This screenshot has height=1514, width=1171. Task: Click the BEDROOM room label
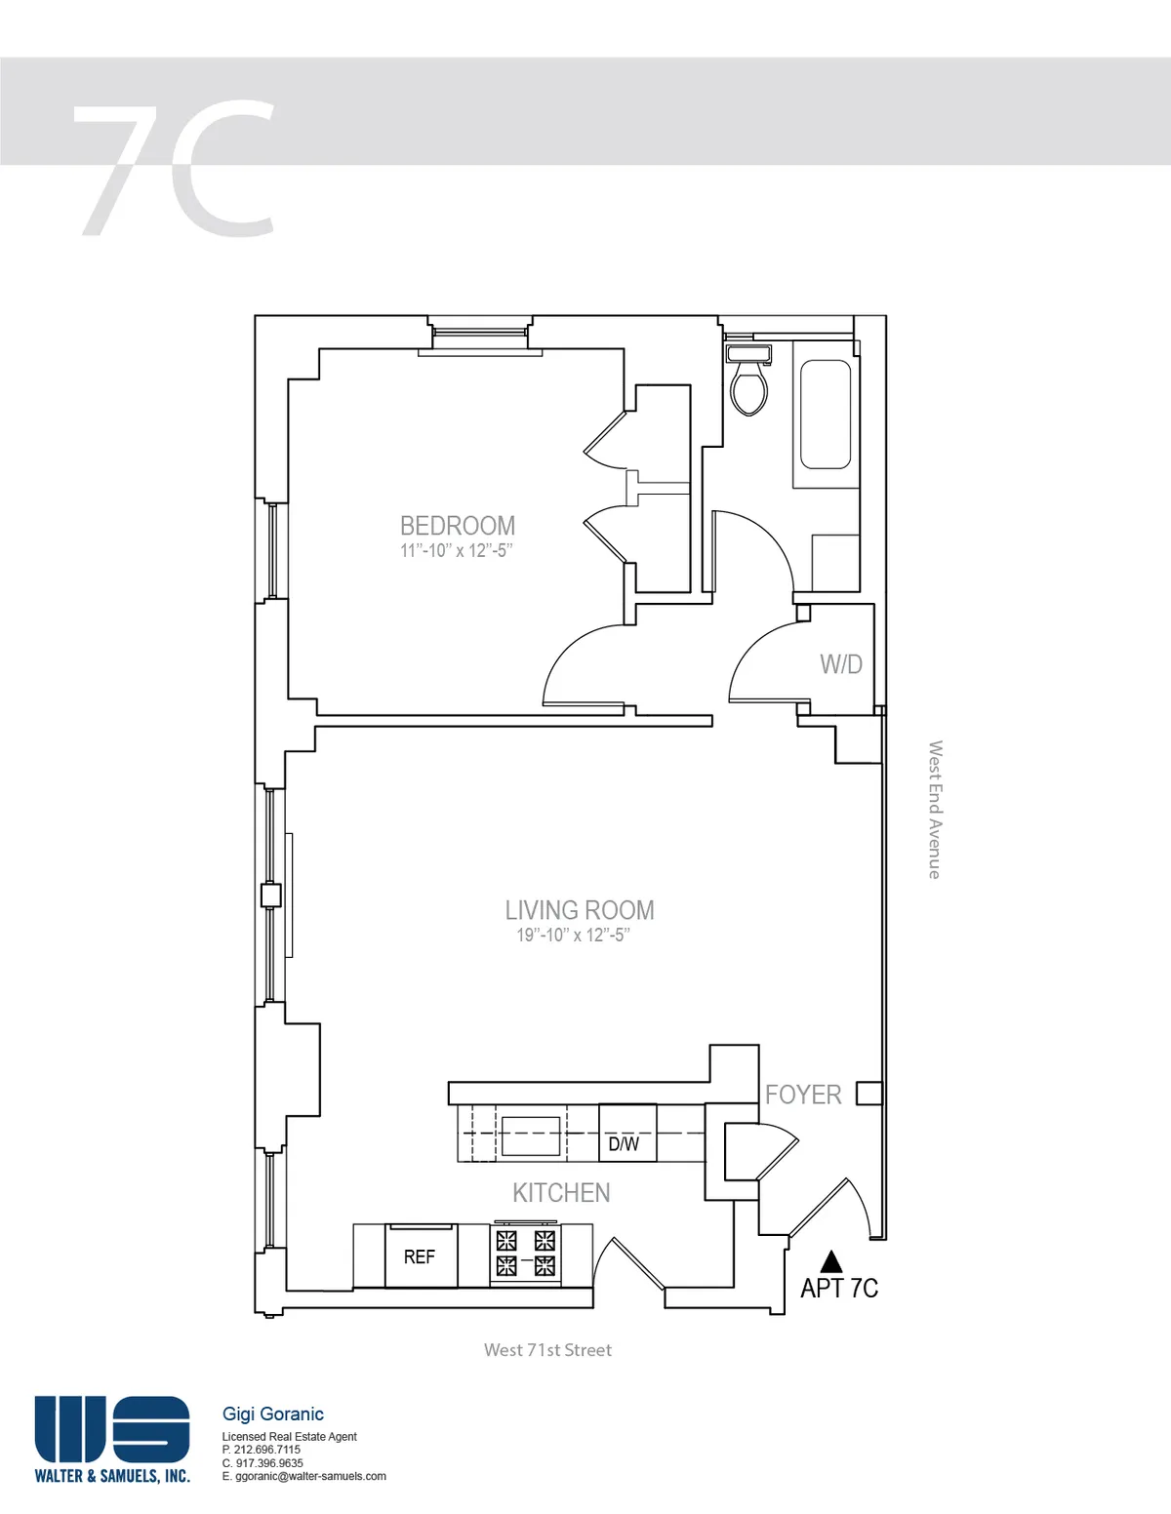457,526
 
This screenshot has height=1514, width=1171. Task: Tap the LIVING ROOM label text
579,910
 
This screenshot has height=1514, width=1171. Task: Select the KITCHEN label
561,1192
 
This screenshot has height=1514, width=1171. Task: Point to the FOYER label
802,1095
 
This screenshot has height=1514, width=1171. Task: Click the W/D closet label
840,664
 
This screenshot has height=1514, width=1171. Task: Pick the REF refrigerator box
421,1256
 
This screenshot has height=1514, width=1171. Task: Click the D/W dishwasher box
626,1142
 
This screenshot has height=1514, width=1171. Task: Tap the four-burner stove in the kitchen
526,1254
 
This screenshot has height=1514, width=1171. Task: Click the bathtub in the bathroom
826,415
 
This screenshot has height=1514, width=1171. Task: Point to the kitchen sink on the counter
531,1135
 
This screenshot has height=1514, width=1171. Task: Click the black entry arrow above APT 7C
830,1261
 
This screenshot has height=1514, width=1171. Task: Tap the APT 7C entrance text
838,1289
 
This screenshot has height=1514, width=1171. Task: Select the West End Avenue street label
934,810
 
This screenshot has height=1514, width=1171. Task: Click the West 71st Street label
547,1350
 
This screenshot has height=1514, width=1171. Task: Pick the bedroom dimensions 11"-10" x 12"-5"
456,551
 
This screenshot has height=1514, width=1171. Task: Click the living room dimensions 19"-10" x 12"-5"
573,936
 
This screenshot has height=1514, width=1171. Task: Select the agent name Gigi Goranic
273,1414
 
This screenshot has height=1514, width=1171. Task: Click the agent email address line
303,1476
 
